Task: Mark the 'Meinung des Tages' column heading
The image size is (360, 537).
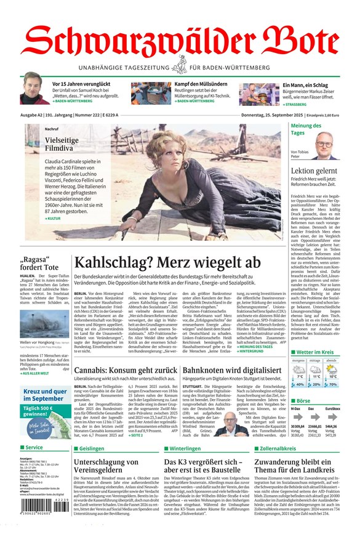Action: coord(306,129)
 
